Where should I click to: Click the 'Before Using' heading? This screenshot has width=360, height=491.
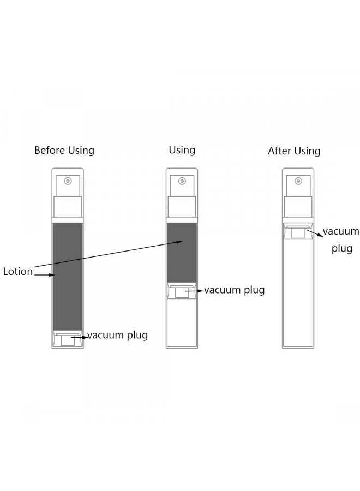[64, 151]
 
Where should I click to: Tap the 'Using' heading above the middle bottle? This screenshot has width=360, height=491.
[182, 151]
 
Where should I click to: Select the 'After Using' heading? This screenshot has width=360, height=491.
[294, 151]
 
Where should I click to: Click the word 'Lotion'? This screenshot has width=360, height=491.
[18, 271]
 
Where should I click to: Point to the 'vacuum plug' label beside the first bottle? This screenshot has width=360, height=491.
[118, 336]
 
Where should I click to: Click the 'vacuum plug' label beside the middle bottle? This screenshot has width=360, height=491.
[235, 290]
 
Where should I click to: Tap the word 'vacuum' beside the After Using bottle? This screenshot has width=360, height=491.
[341, 232]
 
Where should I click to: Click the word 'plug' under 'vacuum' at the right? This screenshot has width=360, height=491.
[342, 249]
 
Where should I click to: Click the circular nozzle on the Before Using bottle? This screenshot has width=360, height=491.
[68, 181]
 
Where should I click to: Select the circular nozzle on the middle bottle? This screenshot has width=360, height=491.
[182, 181]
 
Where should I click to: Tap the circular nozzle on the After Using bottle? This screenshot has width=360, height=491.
[298, 181]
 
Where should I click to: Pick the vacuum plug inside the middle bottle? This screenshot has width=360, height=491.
[182, 291]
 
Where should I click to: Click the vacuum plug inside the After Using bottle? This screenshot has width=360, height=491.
[298, 231]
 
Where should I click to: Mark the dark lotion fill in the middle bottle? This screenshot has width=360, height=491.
[182, 253]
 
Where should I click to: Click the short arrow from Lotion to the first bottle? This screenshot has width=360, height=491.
[45, 275]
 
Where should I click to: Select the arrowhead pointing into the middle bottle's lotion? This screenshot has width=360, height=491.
[179, 242]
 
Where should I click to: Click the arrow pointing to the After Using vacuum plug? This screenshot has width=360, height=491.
[315, 233]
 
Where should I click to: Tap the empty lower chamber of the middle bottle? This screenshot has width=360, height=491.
[182, 322]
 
